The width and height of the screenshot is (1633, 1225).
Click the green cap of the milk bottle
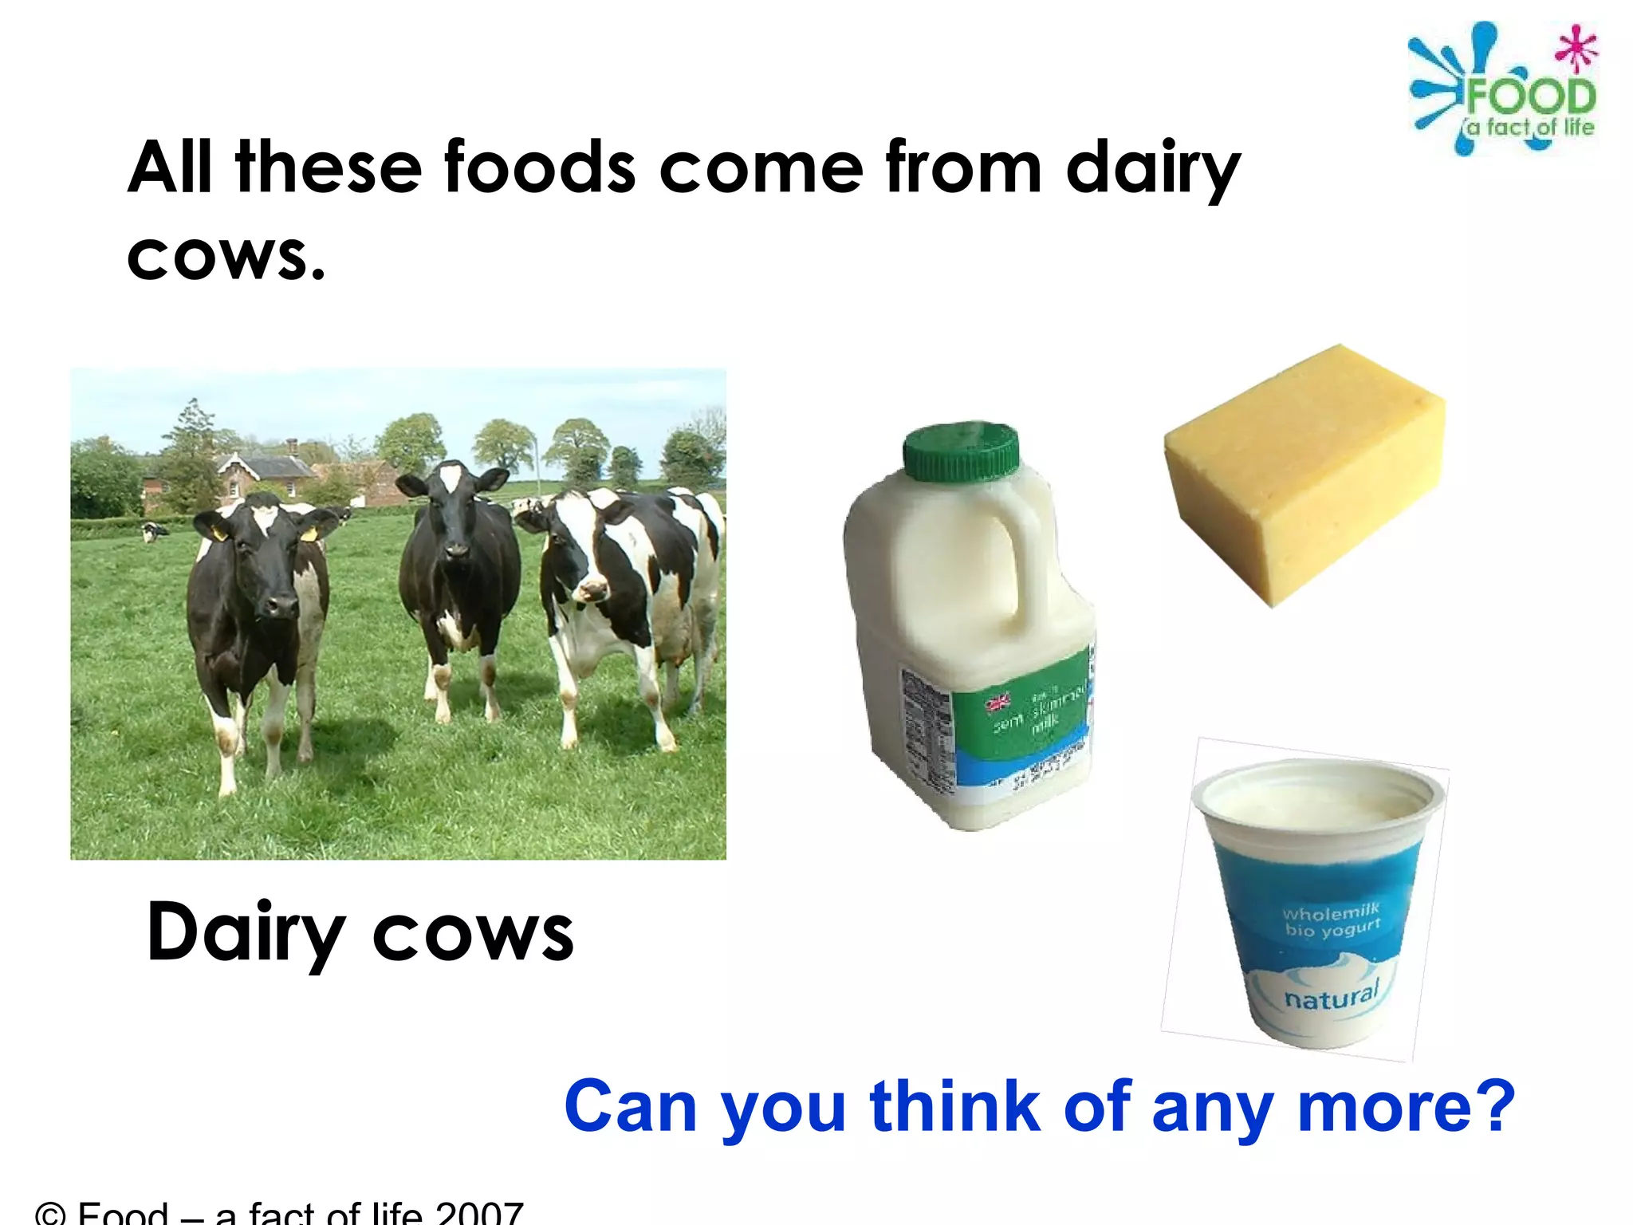click(x=961, y=452)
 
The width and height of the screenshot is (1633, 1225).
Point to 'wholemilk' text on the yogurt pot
click(x=1331, y=912)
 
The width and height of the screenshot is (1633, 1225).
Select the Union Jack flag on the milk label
click(x=998, y=703)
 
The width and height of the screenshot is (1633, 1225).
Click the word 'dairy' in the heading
click(x=1152, y=169)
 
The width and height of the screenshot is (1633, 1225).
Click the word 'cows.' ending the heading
click(x=226, y=258)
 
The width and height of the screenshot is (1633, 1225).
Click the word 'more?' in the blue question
click(x=1406, y=1106)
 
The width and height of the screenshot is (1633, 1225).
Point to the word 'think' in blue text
click(x=955, y=1106)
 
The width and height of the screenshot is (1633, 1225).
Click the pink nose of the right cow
click(x=591, y=591)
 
